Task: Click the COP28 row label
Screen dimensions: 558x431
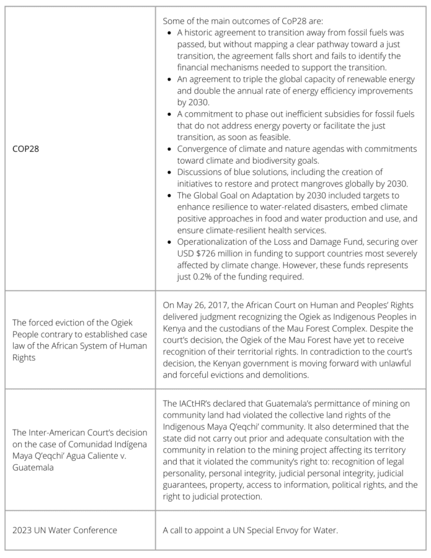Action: pyautogui.click(x=25, y=149)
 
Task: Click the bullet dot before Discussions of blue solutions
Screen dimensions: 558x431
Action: pyautogui.click(x=170, y=172)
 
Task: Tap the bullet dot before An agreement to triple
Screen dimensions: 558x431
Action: pyautogui.click(x=170, y=79)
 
